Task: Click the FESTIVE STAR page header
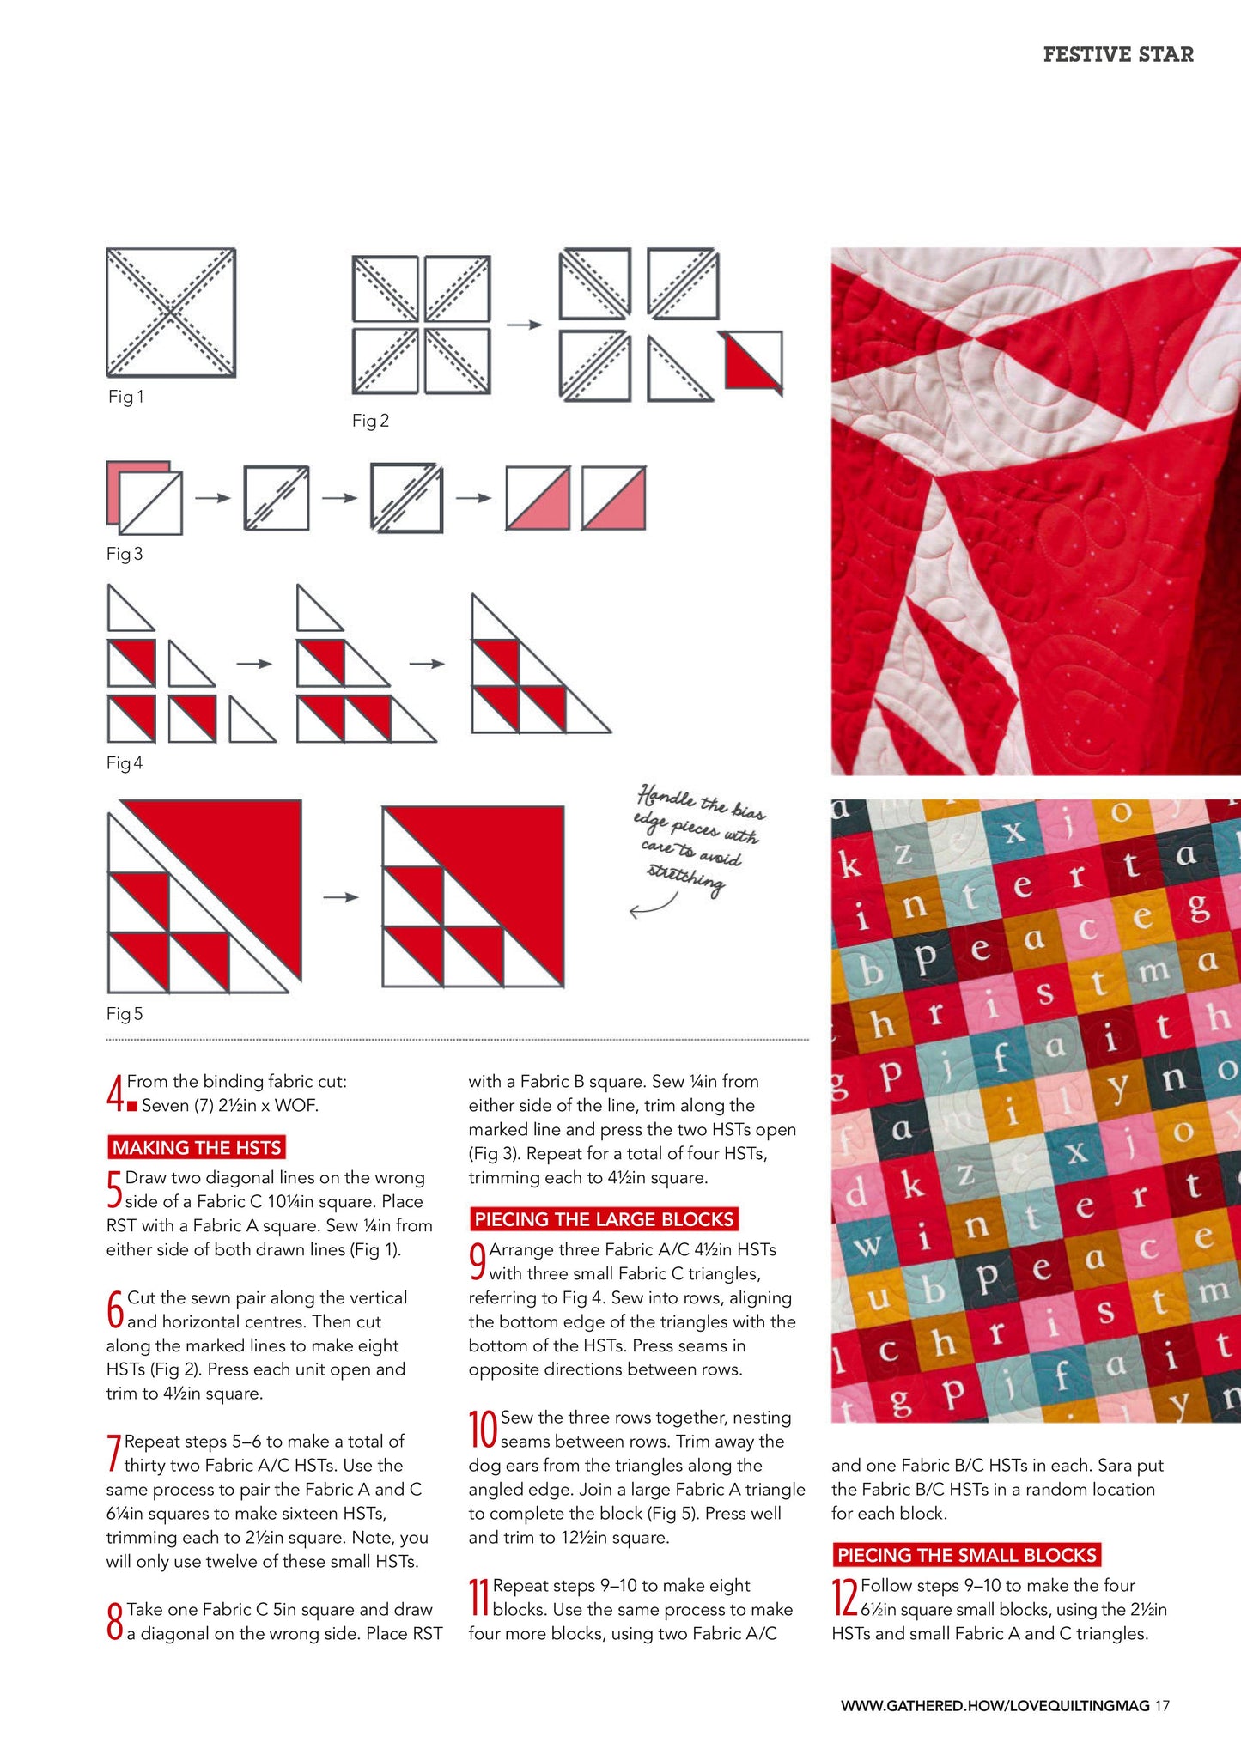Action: tap(1117, 54)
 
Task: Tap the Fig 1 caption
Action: tap(125, 397)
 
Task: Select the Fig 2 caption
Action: tap(370, 421)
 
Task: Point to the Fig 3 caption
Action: tap(125, 554)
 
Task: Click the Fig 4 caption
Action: tap(125, 763)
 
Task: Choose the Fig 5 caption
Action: tap(125, 1014)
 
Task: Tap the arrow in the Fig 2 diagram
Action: tap(525, 325)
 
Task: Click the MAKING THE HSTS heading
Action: tap(197, 1148)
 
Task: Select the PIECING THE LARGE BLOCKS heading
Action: tap(604, 1219)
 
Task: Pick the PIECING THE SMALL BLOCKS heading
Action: tap(966, 1555)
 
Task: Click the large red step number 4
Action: tap(115, 1094)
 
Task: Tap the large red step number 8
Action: tap(115, 1622)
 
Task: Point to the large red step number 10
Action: tap(483, 1430)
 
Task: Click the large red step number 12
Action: tap(845, 1598)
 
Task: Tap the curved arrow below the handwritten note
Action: tap(652, 907)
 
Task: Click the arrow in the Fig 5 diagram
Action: tap(341, 897)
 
